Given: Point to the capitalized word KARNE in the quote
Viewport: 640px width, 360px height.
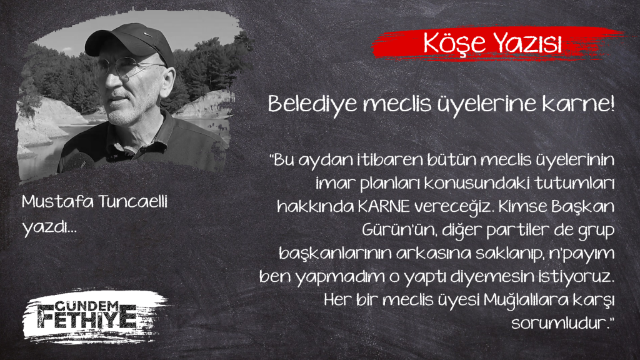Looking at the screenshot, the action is [x=384, y=207].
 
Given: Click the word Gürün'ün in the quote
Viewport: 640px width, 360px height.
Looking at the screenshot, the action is [x=395, y=231].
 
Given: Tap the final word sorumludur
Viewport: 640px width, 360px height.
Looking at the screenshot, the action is [x=562, y=324].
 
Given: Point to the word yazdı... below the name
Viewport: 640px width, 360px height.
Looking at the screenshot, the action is [x=49, y=227].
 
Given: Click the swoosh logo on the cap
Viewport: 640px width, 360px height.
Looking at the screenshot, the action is [x=147, y=34].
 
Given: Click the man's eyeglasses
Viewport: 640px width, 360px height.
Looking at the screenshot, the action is [x=126, y=67].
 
